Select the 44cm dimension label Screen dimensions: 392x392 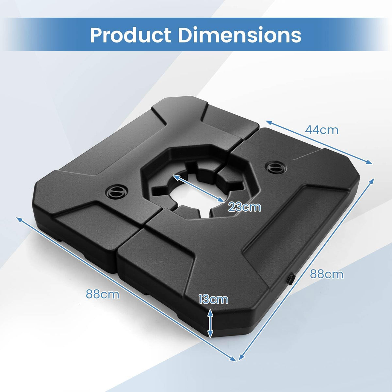click(322, 130)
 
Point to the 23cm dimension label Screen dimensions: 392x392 click(245, 207)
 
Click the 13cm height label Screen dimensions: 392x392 click(213, 299)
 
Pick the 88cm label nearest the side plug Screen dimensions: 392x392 click(327, 274)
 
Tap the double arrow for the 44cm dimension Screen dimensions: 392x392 click(319, 142)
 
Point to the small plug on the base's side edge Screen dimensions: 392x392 click(290, 279)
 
